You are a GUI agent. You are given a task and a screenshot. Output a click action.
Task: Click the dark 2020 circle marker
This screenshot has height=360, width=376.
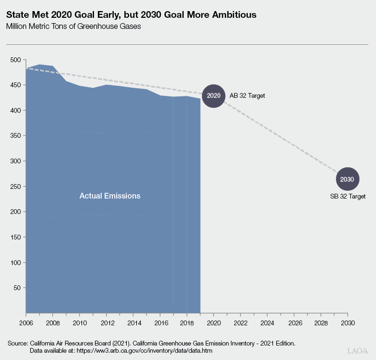(x=213, y=95)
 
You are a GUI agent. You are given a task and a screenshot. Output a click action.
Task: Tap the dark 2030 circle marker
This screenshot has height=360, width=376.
(x=347, y=179)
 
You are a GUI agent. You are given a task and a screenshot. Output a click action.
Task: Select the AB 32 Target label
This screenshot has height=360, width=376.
(x=247, y=95)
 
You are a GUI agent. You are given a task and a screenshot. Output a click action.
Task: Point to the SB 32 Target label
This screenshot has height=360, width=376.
(x=348, y=196)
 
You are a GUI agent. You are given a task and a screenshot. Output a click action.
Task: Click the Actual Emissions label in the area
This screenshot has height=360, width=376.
(x=110, y=196)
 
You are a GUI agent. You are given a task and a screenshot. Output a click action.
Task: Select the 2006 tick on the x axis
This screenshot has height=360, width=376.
(x=26, y=322)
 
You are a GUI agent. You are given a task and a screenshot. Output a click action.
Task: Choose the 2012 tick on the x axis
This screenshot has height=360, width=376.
(x=107, y=322)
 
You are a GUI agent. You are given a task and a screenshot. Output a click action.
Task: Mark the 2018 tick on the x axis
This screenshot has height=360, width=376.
(x=187, y=322)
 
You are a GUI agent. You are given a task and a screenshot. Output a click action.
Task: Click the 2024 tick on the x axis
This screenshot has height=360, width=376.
(x=267, y=322)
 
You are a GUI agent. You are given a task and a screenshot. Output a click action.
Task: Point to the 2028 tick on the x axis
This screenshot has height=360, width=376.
(x=321, y=322)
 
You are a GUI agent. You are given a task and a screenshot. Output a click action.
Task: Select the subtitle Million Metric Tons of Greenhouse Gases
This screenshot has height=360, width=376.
(x=73, y=27)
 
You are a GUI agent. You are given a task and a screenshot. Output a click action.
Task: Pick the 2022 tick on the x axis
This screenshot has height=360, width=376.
(x=240, y=322)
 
